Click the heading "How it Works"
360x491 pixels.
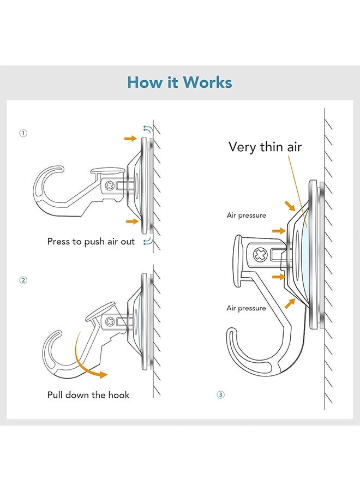coord(179,82)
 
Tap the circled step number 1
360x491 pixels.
coord(23,133)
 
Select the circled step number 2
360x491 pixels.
coord(23,280)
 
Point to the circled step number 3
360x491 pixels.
coord(220,394)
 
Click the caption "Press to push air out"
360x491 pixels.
coord(91,241)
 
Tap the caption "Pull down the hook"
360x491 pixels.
coord(88,394)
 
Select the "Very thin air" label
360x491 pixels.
coord(265,147)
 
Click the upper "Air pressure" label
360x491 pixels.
coord(247,215)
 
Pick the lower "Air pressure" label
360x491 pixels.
coord(247,308)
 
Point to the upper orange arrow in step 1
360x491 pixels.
coord(130,139)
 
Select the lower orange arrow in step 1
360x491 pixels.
coord(130,221)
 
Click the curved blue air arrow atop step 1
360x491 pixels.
coord(147,129)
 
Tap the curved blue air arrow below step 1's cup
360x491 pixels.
coord(146,242)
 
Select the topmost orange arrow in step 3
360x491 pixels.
coord(290,205)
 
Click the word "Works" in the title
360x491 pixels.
coord(208,82)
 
